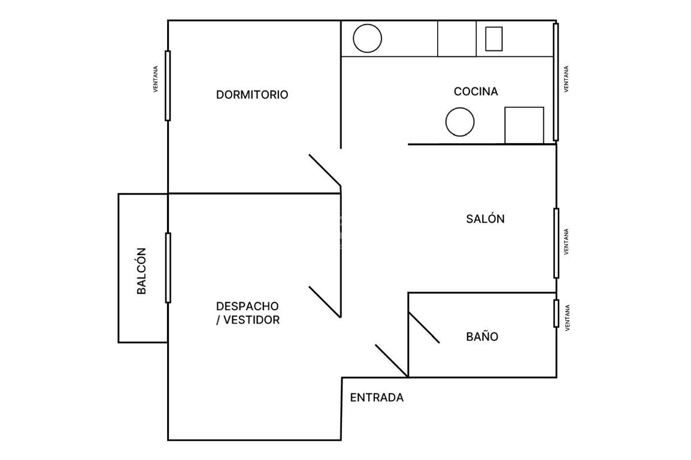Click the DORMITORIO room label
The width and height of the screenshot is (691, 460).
tap(251, 94)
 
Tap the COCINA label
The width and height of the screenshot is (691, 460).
tap(476, 91)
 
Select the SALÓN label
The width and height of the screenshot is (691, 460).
tap(485, 219)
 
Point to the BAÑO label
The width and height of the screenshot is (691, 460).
tap(482, 336)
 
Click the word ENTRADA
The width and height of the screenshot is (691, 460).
tap(377, 398)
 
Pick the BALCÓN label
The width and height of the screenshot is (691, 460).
tap(141, 271)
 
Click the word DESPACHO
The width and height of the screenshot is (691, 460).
tap(247, 306)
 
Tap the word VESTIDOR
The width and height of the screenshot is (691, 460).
tap(251, 320)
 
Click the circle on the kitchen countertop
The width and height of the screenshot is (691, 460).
tap(367, 38)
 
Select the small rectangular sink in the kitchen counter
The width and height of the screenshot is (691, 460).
tap(493, 39)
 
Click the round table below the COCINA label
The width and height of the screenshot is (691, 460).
tap(460, 122)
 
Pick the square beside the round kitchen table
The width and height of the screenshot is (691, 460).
tap(524, 125)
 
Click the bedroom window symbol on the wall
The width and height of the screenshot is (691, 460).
tap(168, 86)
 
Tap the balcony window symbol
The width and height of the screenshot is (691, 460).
tap(168, 268)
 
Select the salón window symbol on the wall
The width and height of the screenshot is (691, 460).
tap(556, 243)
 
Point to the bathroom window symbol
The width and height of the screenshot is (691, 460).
tap(556, 314)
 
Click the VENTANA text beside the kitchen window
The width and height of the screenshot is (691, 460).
tap(566, 79)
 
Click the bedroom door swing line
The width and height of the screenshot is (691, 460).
tap(325, 170)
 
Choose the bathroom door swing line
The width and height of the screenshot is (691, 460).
tap(424, 328)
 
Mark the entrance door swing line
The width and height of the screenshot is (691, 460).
tap(392, 361)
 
